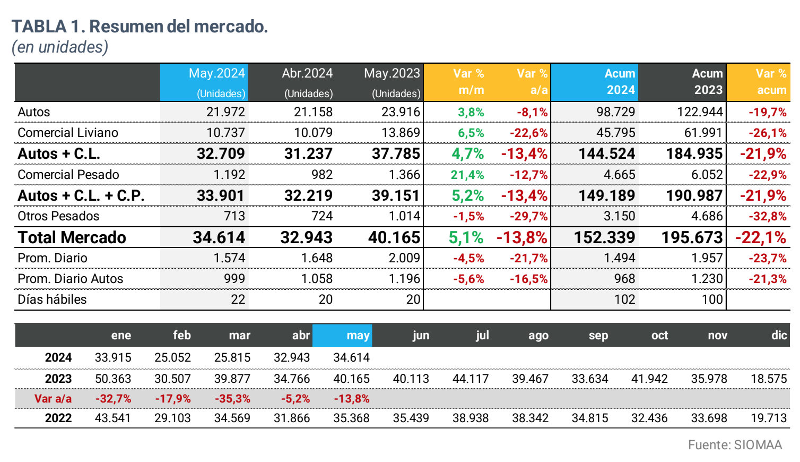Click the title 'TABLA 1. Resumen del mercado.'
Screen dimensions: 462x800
[x=140, y=26]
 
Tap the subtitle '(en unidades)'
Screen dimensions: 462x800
[x=60, y=47]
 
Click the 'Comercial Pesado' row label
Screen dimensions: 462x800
[x=68, y=175]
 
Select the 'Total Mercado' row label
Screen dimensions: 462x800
[x=72, y=237]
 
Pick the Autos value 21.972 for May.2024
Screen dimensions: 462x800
[x=225, y=112]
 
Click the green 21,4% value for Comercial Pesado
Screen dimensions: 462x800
[x=467, y=175]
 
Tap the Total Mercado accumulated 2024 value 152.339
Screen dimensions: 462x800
[x=604, y=237]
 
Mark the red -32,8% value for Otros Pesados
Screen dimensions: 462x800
[x=767, y=216]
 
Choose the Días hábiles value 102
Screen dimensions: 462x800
[x=624, y=300]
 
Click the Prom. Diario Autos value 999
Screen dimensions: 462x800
[x=234, y=279]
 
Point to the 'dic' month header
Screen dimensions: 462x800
[x=779, y=336]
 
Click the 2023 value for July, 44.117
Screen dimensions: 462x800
[x=470, y=379]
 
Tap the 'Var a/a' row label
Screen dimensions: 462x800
[x=53, y=399]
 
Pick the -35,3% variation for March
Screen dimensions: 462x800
[x=232, y=399]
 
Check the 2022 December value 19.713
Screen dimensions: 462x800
[x=769, y=418]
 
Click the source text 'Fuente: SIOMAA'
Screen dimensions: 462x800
[x=735, y=445]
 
